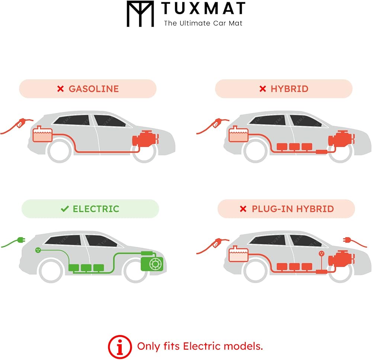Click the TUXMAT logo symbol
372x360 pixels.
(140, 14)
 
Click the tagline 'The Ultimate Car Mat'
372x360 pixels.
(203, 23)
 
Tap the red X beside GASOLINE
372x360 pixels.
(61, 89)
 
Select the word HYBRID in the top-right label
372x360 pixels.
(289, 89)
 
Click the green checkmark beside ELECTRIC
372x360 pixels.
(65, 209)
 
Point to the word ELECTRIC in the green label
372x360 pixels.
(96, 209)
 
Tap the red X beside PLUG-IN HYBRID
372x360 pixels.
(243, 209)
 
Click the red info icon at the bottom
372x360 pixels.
(120, 347)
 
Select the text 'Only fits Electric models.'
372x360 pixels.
(200, 346)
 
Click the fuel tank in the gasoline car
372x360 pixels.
(42, 134)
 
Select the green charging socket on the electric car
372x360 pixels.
(38, 250)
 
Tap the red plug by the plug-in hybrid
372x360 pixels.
(347, 240)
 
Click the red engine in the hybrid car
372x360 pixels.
(341, 139)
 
